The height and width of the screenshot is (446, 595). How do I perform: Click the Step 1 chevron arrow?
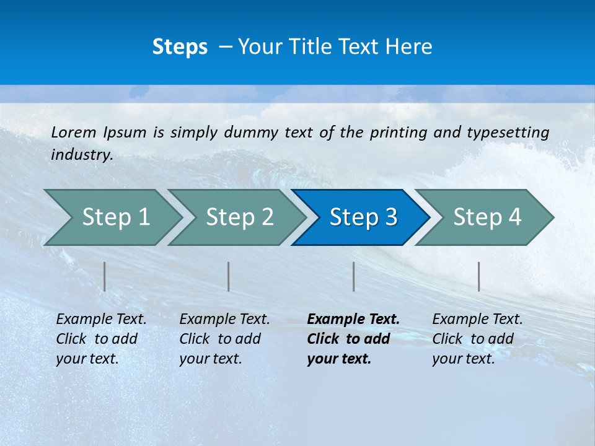coord(112,217)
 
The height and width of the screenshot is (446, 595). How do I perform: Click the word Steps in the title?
coord(180,47)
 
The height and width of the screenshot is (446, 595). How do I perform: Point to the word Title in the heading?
coord(304,47)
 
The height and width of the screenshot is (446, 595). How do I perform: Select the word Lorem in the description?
coord(74,133)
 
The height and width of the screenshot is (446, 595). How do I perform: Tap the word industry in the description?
coord(82,155)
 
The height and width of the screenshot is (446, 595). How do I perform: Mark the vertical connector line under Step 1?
coord(105,276)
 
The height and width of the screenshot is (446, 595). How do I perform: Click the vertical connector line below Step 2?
coord(229,276)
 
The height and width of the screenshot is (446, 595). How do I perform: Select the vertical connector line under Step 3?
coord(354,276)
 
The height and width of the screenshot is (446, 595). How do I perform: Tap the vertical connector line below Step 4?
coord(479,276)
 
